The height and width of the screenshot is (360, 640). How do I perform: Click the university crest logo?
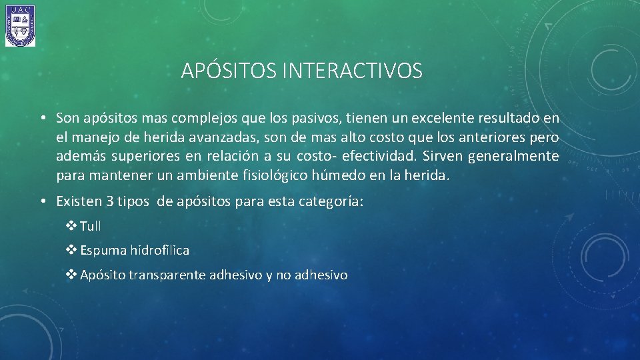pos(20,26)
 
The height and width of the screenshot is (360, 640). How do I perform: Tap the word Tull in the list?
pos(91,226)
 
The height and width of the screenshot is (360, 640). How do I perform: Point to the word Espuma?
pos(103,251)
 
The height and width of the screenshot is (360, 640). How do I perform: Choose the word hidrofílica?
pos(160,251)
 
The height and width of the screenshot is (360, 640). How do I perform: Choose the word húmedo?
pos(346,177)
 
